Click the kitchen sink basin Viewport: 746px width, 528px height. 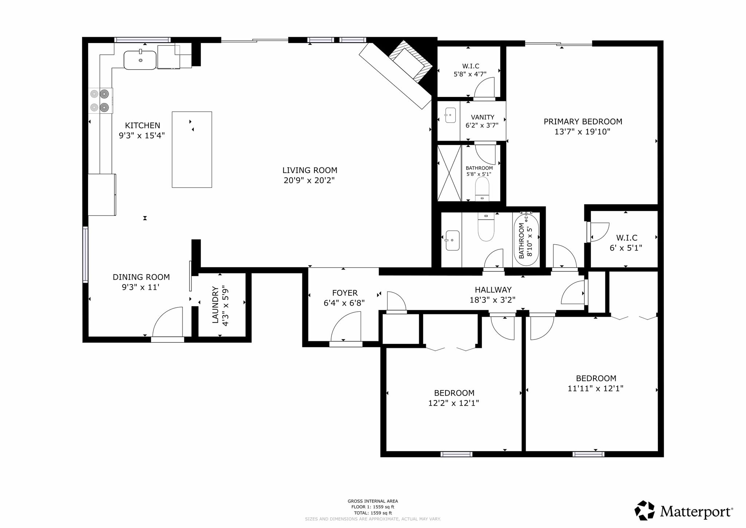tap(140, 60)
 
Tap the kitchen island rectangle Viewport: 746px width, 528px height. tap(192, 150)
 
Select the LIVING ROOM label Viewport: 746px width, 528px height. tap(310, 170)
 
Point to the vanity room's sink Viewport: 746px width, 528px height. tap(451, 115)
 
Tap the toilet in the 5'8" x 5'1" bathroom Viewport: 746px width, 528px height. tap(482, 189)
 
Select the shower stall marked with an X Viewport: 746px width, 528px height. tap(449, 173)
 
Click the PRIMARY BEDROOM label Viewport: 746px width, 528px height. tap(583, 121)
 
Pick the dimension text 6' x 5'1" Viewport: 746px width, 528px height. tap(626, 248)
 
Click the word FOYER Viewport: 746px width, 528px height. tap(345, 293)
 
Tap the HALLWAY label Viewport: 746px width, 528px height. tap(493, 290)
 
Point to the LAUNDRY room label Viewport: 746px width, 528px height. tap(215, 305)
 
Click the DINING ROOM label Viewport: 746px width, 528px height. tap(141, 277)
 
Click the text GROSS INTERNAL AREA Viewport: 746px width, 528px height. tap(373, 501)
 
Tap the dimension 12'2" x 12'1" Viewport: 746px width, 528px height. tap(454, 403)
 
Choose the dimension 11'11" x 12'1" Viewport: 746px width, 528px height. tap(596, 388)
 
